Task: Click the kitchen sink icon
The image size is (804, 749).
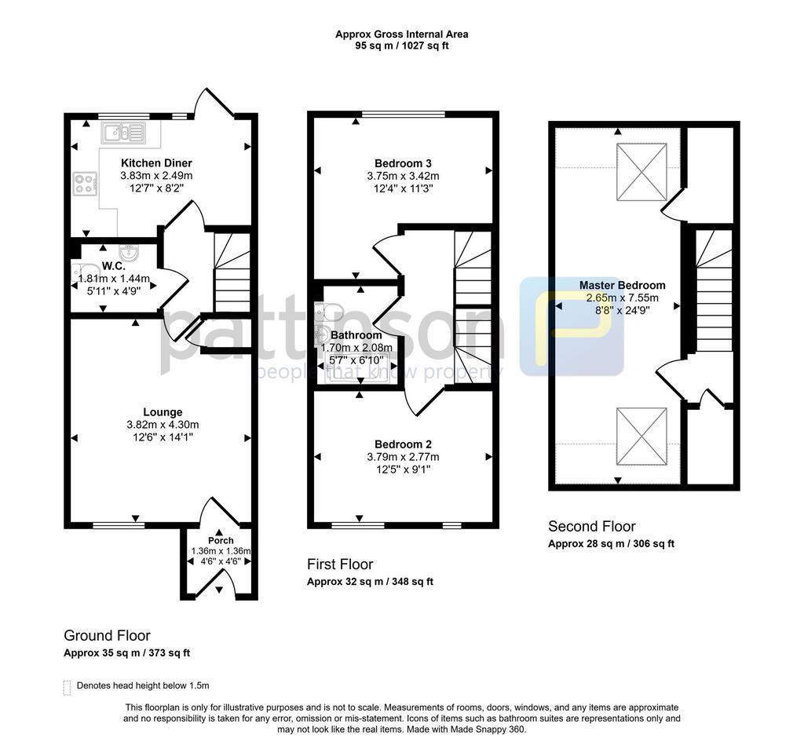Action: pyautogui.click(x=123, y=133)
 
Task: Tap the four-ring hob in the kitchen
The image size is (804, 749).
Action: pyautogui.click(x=85, y=184)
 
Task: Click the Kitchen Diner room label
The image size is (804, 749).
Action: pyautogui.click(x=156, y=163)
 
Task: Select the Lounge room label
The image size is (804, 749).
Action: pyautogui.click(x=163, y=412)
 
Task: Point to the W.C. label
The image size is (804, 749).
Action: pyautogui.click(x=113, y=266)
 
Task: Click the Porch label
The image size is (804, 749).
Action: pyautogui.click(x=221, y=540)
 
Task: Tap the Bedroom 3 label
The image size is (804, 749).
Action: pyautogui.click(x=403, y=163)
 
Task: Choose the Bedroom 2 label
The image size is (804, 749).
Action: pyautogui.click(x=403, y=444)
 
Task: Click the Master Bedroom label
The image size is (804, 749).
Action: pyautogui.click(x=623, y=285)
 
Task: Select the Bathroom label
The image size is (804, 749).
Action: pyautogui.click(x=356, y=335)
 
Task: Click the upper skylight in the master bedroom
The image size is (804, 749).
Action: pyautogui.click(x=641, y=172)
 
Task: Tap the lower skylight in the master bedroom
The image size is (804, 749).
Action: pyautogui.click(x=641, y=437)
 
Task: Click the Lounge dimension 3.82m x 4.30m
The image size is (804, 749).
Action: pyautogui.click(x=163, y=425)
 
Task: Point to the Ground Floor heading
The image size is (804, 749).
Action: pyautogui.click(x=107, y=636)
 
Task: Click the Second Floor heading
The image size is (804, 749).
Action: pyautogui.click(x=592, y=527)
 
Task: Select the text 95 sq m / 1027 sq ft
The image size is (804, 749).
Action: pyautogui.click(x=402, y=46)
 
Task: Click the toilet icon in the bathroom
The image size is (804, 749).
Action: pyautogui.click(x=329, y=311)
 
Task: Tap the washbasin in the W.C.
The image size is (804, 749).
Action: pyautogui.click(x=128, y=252)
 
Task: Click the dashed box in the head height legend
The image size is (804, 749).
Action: pyautogui.click(x=67, y=688)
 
